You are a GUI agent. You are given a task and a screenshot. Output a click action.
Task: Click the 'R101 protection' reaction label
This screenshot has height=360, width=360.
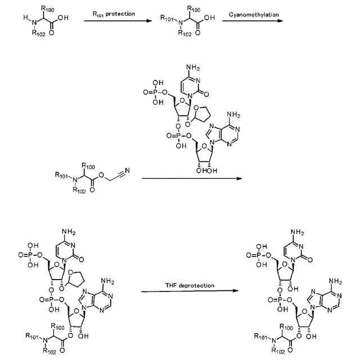[115, 13]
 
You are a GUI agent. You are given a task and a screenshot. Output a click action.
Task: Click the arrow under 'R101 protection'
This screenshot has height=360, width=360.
[118, 21]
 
